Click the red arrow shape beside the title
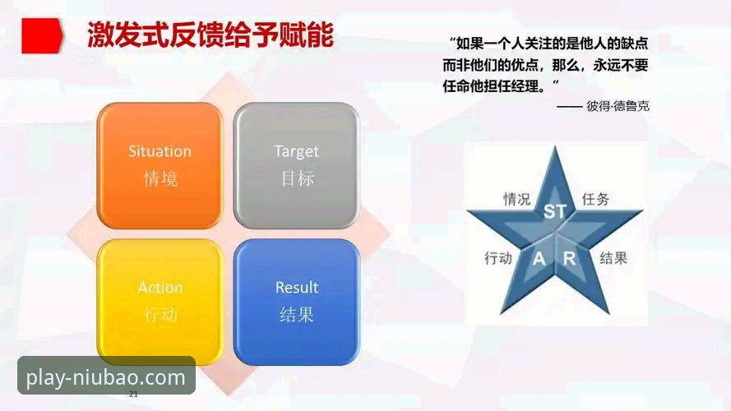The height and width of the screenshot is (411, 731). pyautogui.click(x=41, y=37)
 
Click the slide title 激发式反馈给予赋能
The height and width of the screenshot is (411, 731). pyautogui.click(x=211, y=35)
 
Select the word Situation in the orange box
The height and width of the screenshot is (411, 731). pyautogui.click(x=160, y=151)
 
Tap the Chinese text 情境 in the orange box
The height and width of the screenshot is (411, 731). pyautogui.click(x=160, y=178)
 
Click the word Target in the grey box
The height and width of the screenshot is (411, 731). pyautogui.click(x=296, y=151)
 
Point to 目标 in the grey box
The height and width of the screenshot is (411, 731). pyautogui.click(x=297, y=178)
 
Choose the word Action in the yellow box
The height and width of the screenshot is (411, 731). pyautogui.click(x=160, y=288)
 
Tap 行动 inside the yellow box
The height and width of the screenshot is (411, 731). pyautogui.click(x=160, y=314)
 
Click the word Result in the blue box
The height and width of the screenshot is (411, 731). pyautogui.click(x=296, y=288)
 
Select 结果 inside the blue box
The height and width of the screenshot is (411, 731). pyautogui.click(x=297, y=314)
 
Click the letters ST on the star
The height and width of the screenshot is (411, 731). pyautogui.click(x=555, y=211)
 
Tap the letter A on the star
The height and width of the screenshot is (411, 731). pyautogui.click(x=539, y=259)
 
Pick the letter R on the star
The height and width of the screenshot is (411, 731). pyautogui.click(x=569, y=259)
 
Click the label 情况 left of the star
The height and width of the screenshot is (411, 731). pyautogui.click(x=516, y=199)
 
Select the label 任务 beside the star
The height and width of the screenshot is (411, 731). pyautogui.click(x=595, y=199)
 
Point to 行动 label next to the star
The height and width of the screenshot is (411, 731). pyautogui.click(x=498, y=258)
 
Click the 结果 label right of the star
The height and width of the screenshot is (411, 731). pyautogui.click(x=613, y=258)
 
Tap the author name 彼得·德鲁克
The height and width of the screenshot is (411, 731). pyautogui.click(x=618, y=106)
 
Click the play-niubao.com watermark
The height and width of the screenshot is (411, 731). pyautogui.click(x=106, y=378)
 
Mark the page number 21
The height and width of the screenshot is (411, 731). pyautogui.click(x=134, y=395)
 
